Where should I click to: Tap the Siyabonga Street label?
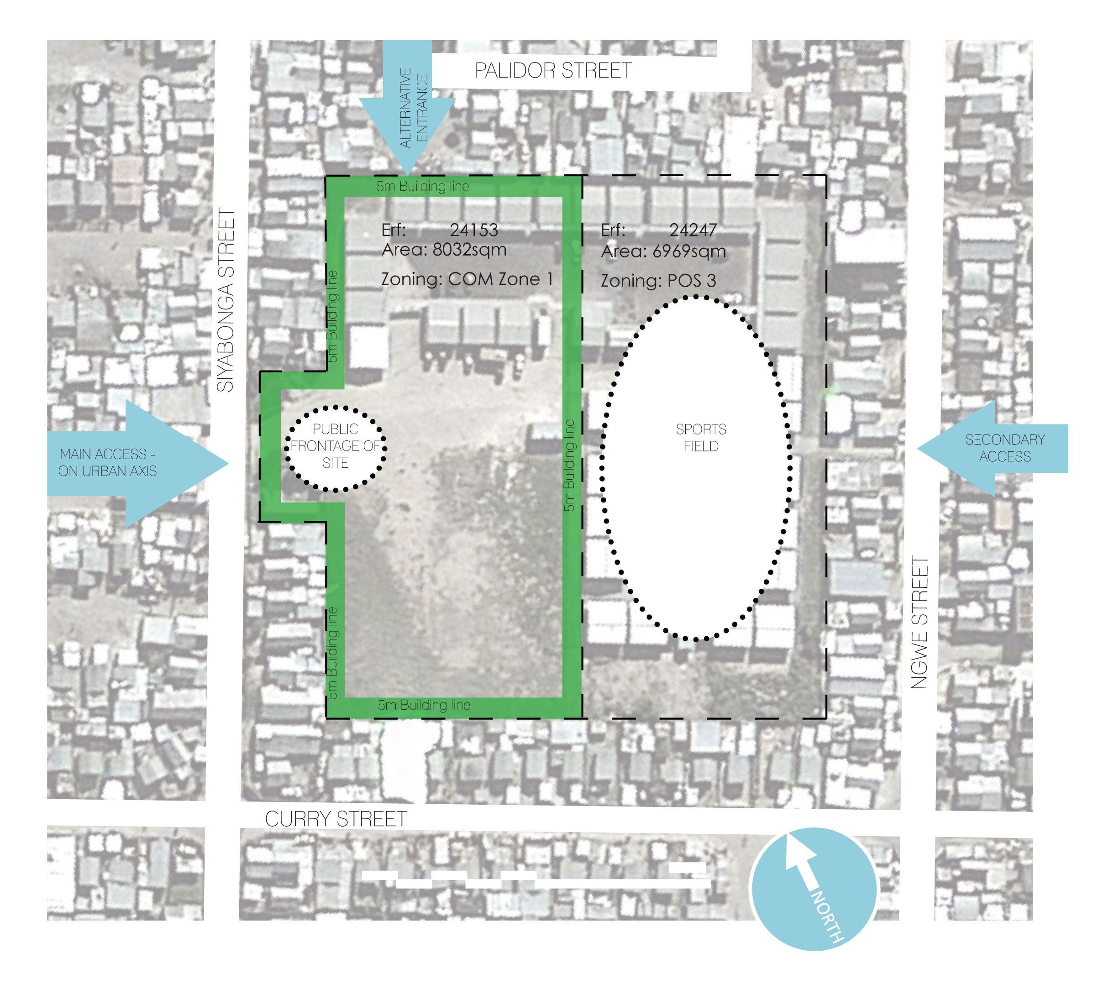click(x=226, y=301)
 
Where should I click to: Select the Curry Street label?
click(x=336, y=819)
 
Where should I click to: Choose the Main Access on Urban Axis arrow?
click(x=135, y=463)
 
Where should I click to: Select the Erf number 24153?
click(x=473, y=230)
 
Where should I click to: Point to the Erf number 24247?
click(x=693, y=230)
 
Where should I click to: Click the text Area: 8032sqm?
click(x=444, y=250)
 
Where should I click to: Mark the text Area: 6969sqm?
click(x=663, y=251)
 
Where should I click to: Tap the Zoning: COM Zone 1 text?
click(x=467, y=279)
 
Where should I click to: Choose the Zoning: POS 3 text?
click(x=658, y=281)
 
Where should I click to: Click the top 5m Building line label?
click(x=423, y=187)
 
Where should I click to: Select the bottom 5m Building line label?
click(x=424, y=705)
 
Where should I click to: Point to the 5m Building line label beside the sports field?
click(x=569, y=465)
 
